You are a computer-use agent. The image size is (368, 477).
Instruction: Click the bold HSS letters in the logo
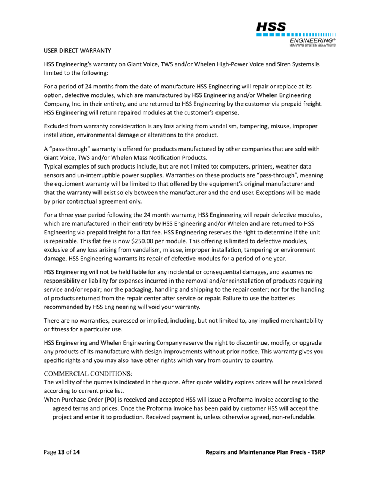click(x=271, y=27)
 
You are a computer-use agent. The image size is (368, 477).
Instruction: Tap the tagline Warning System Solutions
click(x=312, y=45)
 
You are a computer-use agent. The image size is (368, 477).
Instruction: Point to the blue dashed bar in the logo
click(x=296, y=34)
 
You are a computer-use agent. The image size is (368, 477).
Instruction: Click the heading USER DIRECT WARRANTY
click(x=77, y=51)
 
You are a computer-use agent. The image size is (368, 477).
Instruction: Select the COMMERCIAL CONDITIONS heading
click(x=88, y=374)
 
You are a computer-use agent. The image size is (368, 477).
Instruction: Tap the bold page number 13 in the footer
click(x=61, y=452)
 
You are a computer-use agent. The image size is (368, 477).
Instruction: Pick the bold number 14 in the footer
click(x=76, y=452)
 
